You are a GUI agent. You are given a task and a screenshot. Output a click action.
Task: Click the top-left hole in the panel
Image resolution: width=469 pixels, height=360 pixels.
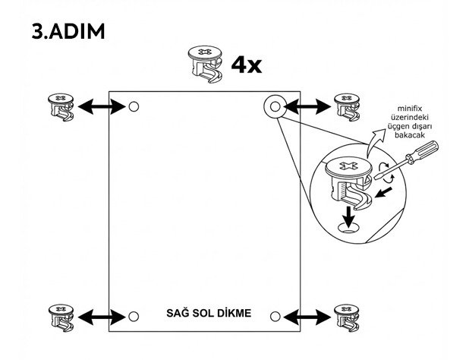(134, 107)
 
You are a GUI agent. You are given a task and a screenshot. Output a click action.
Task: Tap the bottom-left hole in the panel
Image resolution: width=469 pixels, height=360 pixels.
(134, 316)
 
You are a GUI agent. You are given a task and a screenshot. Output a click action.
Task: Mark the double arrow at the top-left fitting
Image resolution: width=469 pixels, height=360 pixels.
(102, 107)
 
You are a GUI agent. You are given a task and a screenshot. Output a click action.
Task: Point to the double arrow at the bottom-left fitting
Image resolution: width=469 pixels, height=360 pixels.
(102, 316)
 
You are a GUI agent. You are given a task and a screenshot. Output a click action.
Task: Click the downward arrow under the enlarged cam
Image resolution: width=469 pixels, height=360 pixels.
(348, 216)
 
